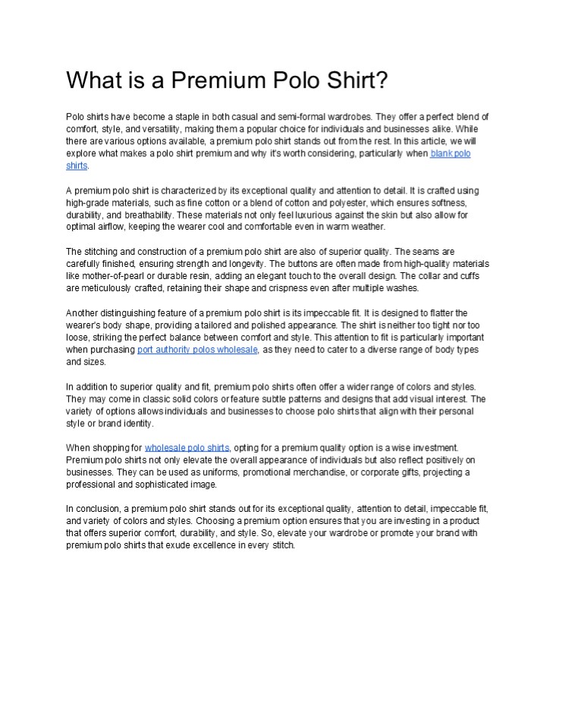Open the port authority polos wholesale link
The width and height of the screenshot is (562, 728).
click(198, 350)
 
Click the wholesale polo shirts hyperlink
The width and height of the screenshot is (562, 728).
click(187, 448)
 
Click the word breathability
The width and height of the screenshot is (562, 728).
click(144, 215)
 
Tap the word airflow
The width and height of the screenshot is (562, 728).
click(109, 227)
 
